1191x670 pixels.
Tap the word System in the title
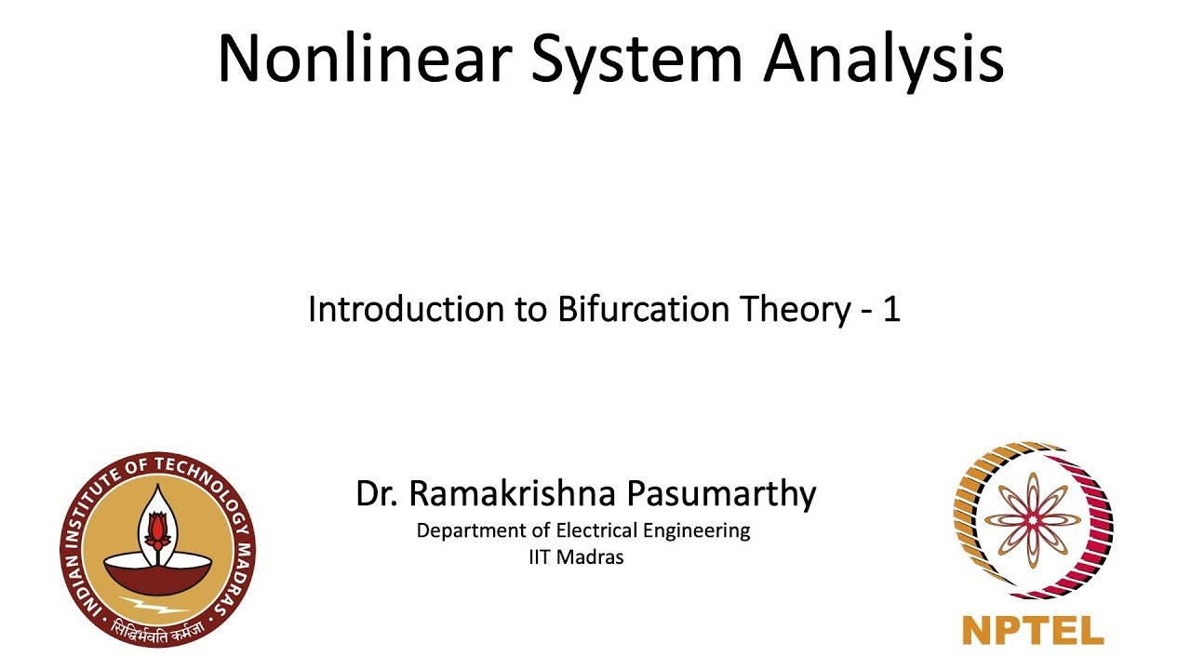(x=637, y=58)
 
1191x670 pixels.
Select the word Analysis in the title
(x=884, y=58)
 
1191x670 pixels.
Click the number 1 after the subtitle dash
(x=890, y=310)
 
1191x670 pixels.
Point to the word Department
(x=469, y=531)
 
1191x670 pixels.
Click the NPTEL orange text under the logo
(x=1033, y=630)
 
